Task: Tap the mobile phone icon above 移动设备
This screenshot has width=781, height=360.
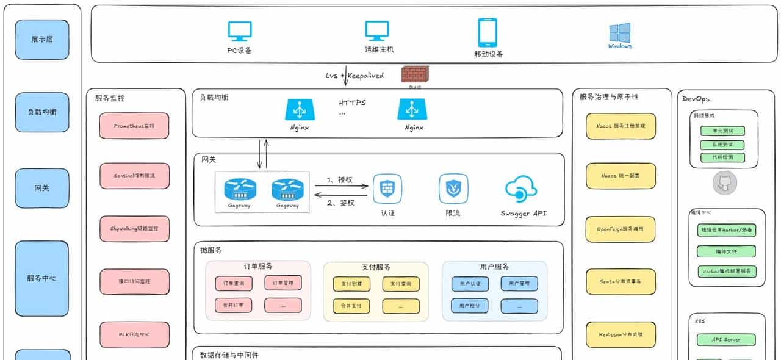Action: (x=488, y=32)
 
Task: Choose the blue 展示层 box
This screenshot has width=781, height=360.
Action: (x=42, y=39)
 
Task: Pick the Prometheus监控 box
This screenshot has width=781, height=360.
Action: (x=134, y=126)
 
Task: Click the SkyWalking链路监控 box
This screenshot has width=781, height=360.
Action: (x=134, y=228)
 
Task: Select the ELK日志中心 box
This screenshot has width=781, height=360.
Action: (x=134, y=334)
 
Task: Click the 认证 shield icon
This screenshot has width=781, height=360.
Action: (x=387, y=189)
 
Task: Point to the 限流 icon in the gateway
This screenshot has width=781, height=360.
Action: (x=453, y=189)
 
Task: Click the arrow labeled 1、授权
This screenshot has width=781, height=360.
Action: (x=342, y=185)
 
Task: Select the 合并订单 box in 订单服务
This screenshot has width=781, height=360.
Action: (x=233, y=305)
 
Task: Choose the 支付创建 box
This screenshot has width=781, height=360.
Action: (x=351, y=284)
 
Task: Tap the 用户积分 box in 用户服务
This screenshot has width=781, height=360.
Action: (x=469, y=305)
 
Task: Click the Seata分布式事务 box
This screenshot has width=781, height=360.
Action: (x=621, y=281)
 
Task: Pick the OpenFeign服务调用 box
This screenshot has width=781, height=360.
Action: (x=621, y=229)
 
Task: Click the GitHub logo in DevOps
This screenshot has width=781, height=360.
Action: (x=725, y=183)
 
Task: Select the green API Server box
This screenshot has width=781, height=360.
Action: (x=726, y=339)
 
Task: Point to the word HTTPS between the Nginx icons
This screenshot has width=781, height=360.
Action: (x=353, y=103)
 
